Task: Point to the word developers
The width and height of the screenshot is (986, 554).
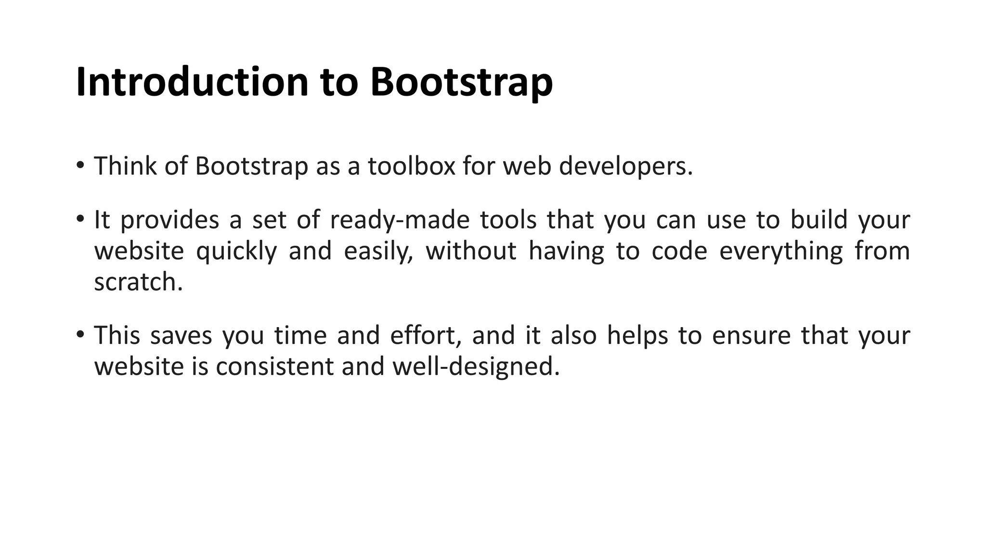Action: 625,167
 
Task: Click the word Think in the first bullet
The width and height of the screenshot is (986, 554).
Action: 125,166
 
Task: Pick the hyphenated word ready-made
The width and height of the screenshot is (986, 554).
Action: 400,220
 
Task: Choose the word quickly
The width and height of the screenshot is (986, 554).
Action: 236,252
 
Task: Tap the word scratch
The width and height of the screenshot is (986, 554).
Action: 138,282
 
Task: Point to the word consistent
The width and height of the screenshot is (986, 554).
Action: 275,366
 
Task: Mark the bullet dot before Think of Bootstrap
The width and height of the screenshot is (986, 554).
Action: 80,165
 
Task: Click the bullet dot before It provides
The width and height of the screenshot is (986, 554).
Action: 80,219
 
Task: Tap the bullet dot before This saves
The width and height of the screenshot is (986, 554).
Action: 80,334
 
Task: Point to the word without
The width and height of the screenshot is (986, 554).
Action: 471,251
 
